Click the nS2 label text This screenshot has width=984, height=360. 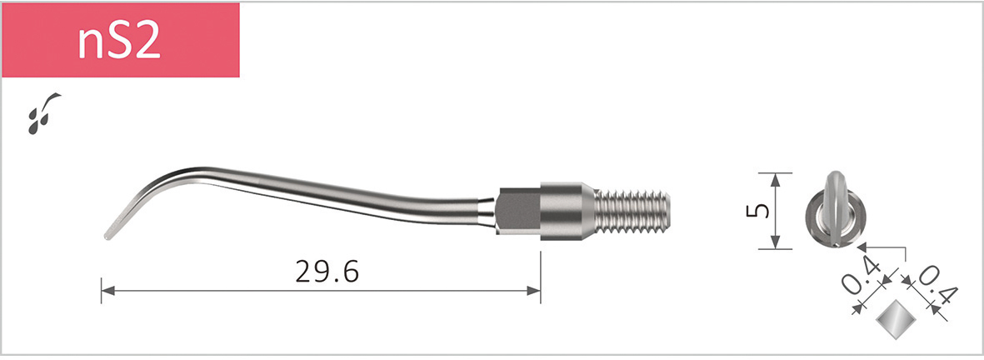coord(118,42)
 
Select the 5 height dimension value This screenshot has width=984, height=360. coord(754,211)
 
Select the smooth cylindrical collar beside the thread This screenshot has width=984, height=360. coord(567,210)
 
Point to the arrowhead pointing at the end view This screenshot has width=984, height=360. coord(862,247)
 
